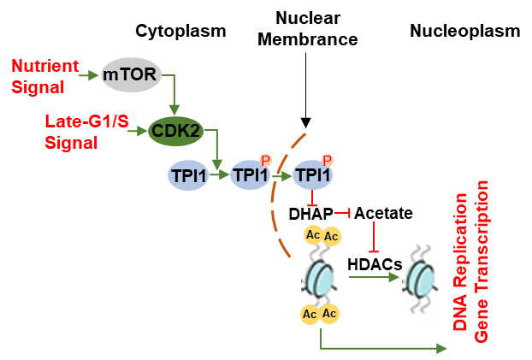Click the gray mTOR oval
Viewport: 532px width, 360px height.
(x=130, y=75)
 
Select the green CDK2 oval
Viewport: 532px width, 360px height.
(x=174, y=131)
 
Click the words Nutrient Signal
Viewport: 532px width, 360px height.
(x=45, y=75)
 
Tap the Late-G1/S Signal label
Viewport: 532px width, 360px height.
(x=86, y=132)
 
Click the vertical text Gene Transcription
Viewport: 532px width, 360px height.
(x=482, y=262)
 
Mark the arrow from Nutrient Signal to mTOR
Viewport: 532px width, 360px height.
(x=90, y=75)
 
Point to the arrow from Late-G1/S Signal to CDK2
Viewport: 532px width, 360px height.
(x=139, y=131)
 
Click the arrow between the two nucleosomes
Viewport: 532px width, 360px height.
(x=375, y=277)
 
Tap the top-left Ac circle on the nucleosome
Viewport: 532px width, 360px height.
(x=313, y=235)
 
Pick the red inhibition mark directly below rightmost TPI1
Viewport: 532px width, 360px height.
(x=312, y=199)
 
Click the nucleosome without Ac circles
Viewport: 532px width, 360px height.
(x=424, y=278)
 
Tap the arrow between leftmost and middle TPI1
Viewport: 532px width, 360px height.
(x=219, y=175)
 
